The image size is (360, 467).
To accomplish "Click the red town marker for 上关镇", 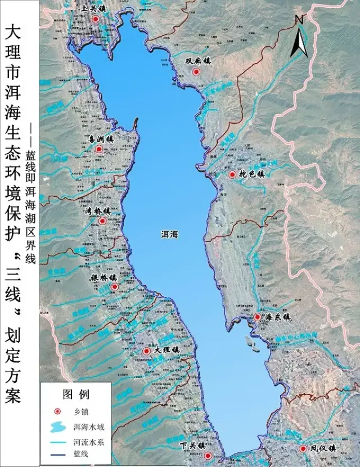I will point(96,19).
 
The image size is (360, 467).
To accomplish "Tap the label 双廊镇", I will point(199,61).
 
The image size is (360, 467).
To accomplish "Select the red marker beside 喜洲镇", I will point(99,149).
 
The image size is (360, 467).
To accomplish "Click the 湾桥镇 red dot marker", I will point(102,221).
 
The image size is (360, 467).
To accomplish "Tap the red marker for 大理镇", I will point(146,351).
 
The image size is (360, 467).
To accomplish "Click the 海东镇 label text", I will point(277,317).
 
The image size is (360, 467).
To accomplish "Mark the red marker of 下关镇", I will point(208,456).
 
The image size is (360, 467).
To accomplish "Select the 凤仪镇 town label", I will point(323,449).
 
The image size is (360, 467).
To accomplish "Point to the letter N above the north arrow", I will point(299,19).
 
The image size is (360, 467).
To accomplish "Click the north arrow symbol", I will point(298,42).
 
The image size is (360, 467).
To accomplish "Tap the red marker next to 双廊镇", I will point(196,72).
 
